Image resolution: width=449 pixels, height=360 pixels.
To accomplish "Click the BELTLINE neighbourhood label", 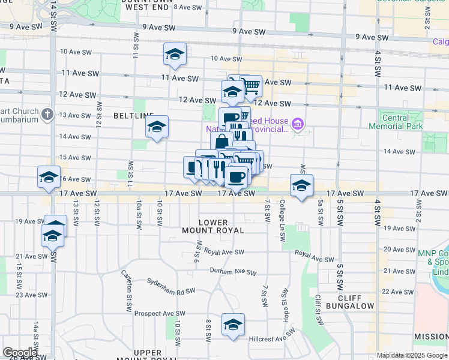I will [x=134, y=114].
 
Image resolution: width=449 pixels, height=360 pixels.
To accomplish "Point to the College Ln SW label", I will [x=282, y=221].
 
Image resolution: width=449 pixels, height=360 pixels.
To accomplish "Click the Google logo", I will [x=20, y=353].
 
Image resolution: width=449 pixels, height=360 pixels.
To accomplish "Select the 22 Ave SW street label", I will [x=394, y=292].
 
